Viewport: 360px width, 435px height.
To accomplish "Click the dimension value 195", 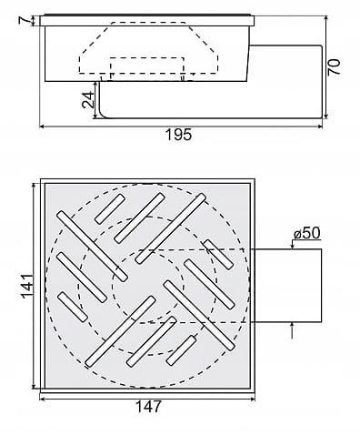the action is click(179, 135).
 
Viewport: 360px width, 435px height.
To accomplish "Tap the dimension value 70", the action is click(335, 67).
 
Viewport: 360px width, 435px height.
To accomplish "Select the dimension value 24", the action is click(88, 99).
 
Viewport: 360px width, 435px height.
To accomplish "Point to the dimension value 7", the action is click(25, 20).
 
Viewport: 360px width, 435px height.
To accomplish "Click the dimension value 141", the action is click(27, 286).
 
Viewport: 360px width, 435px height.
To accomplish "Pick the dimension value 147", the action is click(148, 407).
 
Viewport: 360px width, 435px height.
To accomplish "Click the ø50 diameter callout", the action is click(307, 234).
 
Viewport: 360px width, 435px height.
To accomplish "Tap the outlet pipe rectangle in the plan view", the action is click(288, 286).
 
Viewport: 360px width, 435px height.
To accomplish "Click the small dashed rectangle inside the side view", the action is click(147, 69).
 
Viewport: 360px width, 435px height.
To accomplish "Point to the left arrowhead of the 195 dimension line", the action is click(43, 126).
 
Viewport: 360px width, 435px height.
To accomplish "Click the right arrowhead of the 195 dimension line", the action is click(319, 126).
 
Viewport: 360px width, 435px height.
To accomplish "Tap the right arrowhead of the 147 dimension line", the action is click(252, 400).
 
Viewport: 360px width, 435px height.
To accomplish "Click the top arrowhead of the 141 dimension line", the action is click(34, 186).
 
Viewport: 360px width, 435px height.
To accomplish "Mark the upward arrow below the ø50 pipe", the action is click(292, 326).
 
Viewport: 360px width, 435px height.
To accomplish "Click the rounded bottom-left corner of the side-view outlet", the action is click(102, 116).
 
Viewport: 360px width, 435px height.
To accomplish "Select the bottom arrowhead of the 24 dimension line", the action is click(95, 116).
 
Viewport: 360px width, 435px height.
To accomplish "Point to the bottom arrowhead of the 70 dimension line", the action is click(326, 116).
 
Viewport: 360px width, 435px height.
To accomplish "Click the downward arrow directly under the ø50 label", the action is click(292, 245).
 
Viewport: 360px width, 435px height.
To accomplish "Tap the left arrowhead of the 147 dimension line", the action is click(43, 400).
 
